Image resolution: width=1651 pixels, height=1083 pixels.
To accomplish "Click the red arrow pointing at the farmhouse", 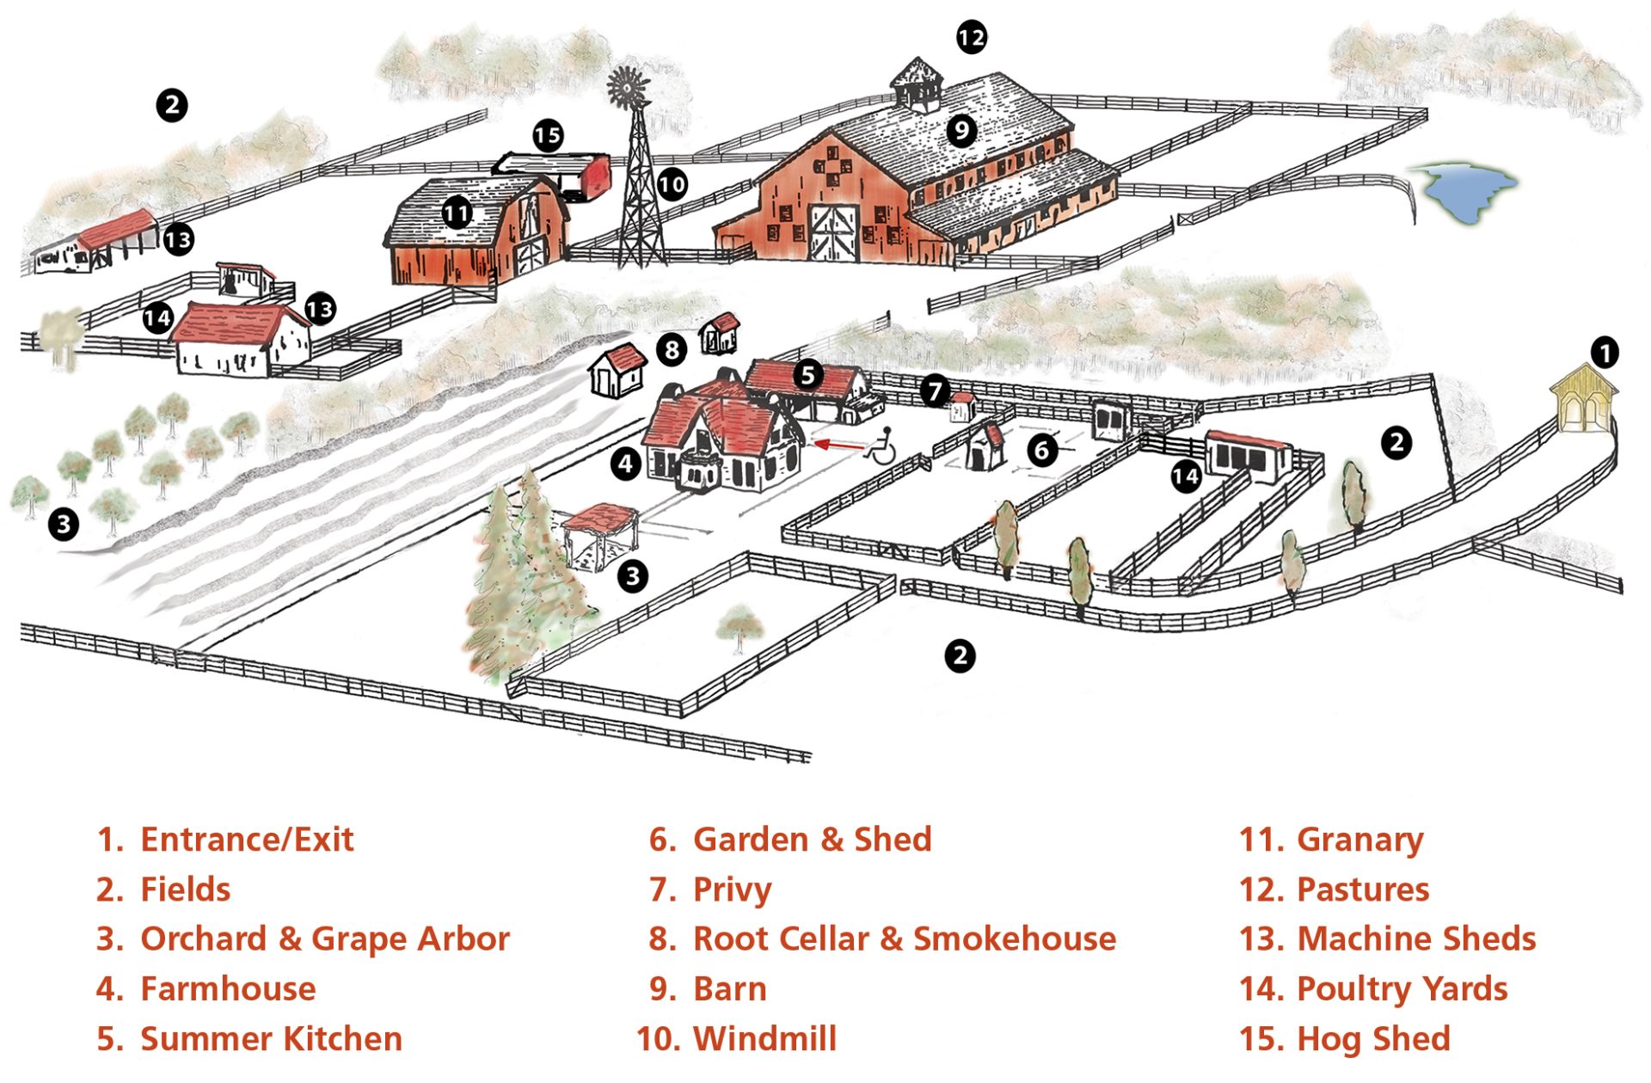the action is pyautogui.click(x=839, y=445).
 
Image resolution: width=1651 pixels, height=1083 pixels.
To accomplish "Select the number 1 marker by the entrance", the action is pyautogui.click(x=1604, y=352).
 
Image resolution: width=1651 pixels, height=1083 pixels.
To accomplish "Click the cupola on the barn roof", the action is pyautogui.click(x=917, y=85).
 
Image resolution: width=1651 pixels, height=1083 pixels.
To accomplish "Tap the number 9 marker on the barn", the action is pyautogui.click(x=961, y=131).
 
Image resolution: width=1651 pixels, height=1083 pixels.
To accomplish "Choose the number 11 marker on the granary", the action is pyautogui.click(x=457, y=212).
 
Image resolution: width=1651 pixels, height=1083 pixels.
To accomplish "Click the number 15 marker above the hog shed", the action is pyautogui.click(x=547, y=135).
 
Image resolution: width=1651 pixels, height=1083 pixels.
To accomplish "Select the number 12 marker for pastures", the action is pyautogui.click(x=972, y=37).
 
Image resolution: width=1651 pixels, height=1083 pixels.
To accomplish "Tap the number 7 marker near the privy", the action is pyautogui.click(x=935, y=392).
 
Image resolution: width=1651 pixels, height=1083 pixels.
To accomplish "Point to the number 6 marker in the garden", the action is pyautogui.click(x=1042, y=449).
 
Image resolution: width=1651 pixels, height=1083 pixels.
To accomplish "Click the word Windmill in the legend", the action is pyautogui.click(x=764, y=1038).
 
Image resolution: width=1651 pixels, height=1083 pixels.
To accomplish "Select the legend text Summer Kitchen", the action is pyautogui.click(x=271, y=1038).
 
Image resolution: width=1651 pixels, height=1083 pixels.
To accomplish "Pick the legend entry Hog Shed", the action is pyautogui.click(x=1373, y=1039).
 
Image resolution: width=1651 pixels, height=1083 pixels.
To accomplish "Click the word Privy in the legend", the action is pyautogui.click(x=732, y=890).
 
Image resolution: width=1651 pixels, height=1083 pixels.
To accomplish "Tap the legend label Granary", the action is pyautogui.click(x=1360, y=840).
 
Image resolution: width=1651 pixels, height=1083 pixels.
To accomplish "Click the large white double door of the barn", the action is pyautogui.click(x=833, y=233).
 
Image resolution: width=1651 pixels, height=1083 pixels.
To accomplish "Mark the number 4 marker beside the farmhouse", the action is pyautogui.click(x=625, y=465).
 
